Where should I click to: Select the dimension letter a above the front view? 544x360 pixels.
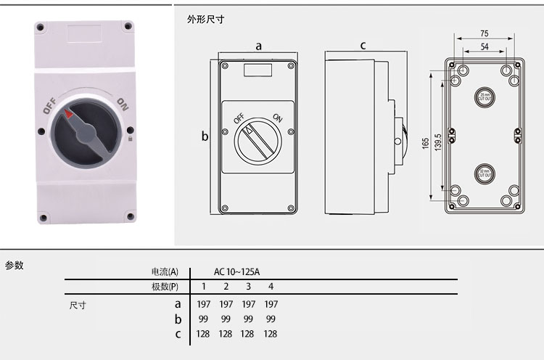[258, 46]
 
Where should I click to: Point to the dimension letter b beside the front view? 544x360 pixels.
[205, 136]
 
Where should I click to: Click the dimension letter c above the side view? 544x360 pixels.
[363, 46]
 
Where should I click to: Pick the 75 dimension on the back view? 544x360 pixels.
[485, 34]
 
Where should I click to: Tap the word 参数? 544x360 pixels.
[15, 265]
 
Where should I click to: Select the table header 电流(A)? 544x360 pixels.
[164, 271]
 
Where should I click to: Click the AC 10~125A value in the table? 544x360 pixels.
[236, 271]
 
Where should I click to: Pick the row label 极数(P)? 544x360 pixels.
[164, 287]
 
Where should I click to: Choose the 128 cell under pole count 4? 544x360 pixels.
[270, 334]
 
